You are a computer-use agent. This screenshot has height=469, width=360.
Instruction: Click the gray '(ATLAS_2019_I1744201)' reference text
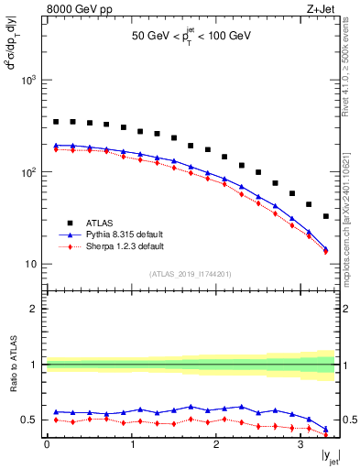click(x=190, y=274)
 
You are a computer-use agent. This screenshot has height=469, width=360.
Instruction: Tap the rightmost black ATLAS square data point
click(x=326, y=216)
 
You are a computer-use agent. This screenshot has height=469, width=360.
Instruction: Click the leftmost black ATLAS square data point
click(x=56, y=121)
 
